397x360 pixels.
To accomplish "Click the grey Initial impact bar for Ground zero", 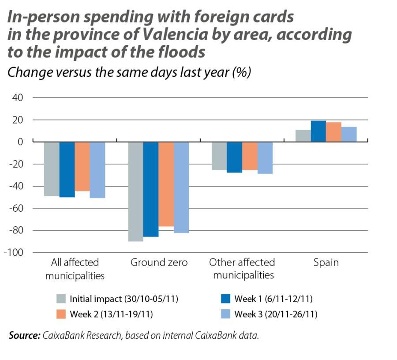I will point(135,191).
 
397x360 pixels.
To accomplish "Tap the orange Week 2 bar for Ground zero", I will point(166,184).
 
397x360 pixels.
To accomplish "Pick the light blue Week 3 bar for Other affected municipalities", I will point(265,157).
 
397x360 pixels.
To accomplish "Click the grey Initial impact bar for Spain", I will point(303,136).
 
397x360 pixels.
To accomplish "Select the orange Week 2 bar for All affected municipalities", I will point(82,166).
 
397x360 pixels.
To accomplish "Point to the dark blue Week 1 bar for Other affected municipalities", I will point(235,157).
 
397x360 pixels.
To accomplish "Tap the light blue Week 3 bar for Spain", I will point(349,135).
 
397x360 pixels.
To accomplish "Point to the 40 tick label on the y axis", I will point(18,97).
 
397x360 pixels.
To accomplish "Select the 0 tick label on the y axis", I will point(20,142).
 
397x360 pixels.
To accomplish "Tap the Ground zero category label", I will point(159,263).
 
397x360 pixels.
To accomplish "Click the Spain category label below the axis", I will point(326,263).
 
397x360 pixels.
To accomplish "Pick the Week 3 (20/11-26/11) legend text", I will point(276,315).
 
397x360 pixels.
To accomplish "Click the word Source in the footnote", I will point(24,336).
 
